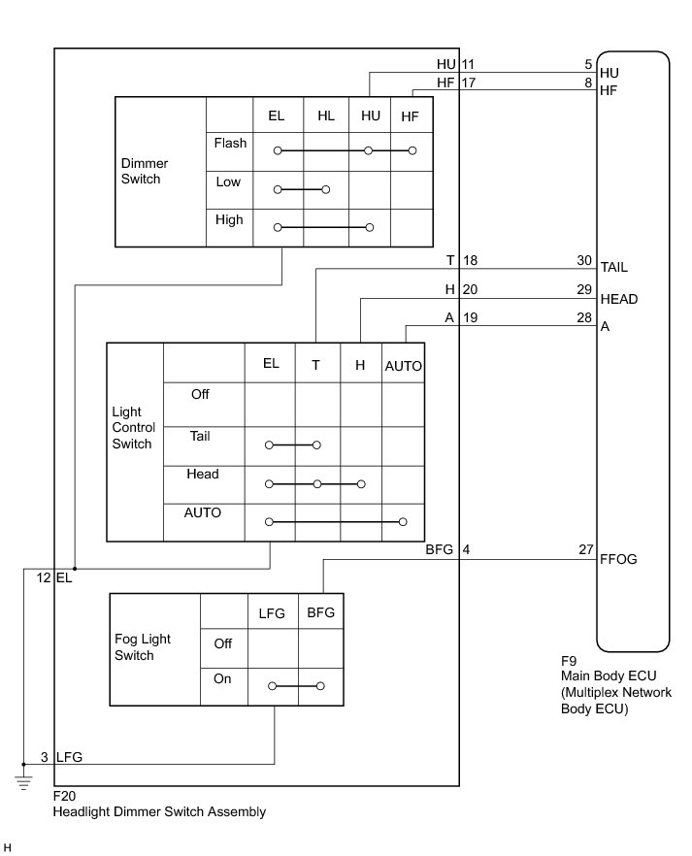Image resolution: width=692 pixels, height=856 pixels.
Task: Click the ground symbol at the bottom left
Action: (x=22, y=775)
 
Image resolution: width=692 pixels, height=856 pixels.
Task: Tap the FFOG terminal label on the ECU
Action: (x=619, y=560)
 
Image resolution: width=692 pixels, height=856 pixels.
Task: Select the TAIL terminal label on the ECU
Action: (x=617, y=265)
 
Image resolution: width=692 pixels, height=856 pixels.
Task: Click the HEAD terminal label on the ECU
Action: (x=619, y=299)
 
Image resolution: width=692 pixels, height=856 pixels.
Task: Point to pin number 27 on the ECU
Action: (x=585, y=550)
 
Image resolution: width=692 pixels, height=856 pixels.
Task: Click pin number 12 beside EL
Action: (x=43, y=577)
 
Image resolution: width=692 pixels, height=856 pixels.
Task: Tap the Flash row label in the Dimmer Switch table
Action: (x=230, y=144)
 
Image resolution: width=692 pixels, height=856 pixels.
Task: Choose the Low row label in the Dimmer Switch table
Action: (x=228, y=182)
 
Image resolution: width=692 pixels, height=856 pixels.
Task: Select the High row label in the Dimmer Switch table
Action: (x=229, y=220)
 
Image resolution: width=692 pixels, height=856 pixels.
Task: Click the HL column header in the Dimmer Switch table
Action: (x=326, y=116)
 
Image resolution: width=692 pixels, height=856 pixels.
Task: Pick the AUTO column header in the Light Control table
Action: (x=404, y=366)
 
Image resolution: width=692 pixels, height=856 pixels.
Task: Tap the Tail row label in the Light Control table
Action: (x=200, y=437)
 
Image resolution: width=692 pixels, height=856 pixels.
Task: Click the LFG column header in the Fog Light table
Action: (x=272, y=612)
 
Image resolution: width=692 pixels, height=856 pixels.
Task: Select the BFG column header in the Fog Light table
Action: (x=320, y=612)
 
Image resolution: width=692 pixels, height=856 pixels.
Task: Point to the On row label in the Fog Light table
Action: (x=222, y=679)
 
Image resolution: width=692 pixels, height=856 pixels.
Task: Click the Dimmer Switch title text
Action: (x=142, y=171)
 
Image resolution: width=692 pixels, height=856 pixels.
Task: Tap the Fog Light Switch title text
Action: (x=143, y=647)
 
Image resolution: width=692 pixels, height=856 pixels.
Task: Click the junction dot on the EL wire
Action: (x=75, y=569)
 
